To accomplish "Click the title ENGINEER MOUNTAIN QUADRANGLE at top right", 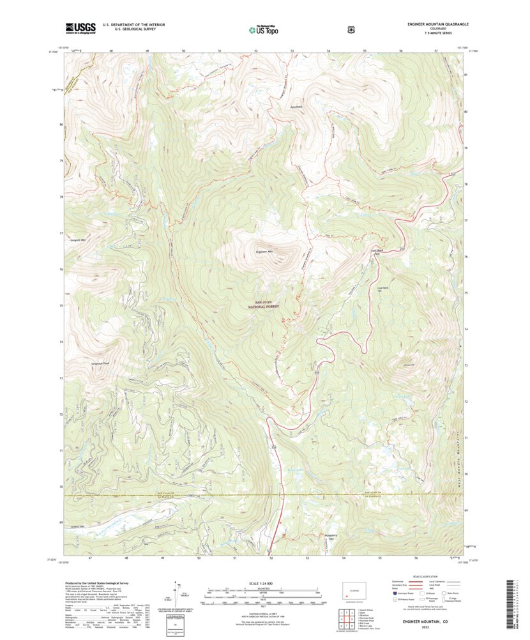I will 438,24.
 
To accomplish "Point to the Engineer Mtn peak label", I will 264,252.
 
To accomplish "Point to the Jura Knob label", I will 296,106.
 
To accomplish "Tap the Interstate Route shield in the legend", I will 390,593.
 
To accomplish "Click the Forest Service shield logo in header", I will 350,29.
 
